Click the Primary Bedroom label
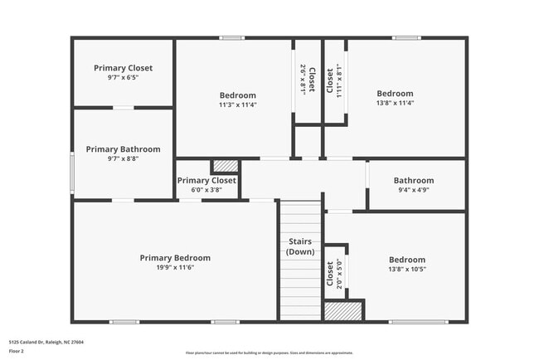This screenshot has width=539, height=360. pyautogui.click(x=175, y=258)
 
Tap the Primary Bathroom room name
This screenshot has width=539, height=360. pyautogui.click(x=123, y=149)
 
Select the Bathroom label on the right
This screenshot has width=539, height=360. pyautogui.click(x=413, y=180)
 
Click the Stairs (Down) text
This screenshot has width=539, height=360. pyautogui.click(x=299, y=246)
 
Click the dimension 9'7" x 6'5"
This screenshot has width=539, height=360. pyautogui.click(x=123, y=78)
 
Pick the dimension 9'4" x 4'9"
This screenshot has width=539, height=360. pyautogui.click(x=413, y=190)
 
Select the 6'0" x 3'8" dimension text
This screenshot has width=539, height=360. pyautogui.click(x=206, y=190)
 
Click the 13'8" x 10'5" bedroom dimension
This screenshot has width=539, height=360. pyautogui.click(x=406, y=270)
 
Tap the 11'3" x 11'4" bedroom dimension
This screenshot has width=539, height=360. pyautogui.click(x=237, y=105)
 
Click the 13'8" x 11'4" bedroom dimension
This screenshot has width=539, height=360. pyautogui.click(x=395, y=104)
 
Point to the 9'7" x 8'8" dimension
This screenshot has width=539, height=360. pyautogui.click(x=123, y=159)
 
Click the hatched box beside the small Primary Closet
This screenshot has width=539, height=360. pyautogui.click(x=225, y=166)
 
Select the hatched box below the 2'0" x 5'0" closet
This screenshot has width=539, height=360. pyautogui.click(x=343, y=311)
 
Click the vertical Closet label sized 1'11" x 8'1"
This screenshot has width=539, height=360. pyautogui.click(x=330, y=80)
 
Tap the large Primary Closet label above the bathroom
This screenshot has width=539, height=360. pyautogui.click(x=123, y=68)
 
